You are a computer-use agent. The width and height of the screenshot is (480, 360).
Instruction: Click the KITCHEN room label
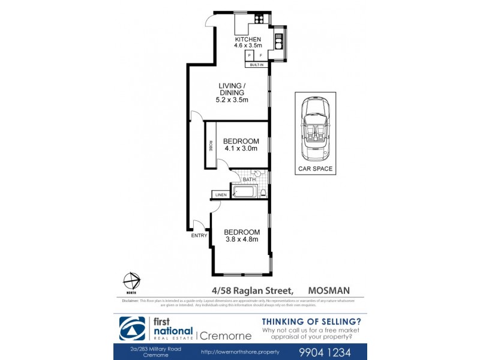[248, 40]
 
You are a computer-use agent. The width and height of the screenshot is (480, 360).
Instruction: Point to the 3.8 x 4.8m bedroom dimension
[241, 239]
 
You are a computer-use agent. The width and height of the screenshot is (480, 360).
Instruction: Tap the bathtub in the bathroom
[244, 192]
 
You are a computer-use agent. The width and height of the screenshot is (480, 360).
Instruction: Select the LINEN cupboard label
[220, 195]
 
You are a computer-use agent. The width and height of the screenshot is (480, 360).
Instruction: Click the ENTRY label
[199, 236]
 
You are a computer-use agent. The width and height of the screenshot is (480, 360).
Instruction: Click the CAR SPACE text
[316, 169]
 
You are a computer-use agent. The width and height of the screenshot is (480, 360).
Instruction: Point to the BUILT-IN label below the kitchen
[256, 64]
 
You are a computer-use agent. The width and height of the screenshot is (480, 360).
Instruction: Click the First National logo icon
[131, 328]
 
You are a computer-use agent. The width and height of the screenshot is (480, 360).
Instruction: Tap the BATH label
[250, 179]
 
